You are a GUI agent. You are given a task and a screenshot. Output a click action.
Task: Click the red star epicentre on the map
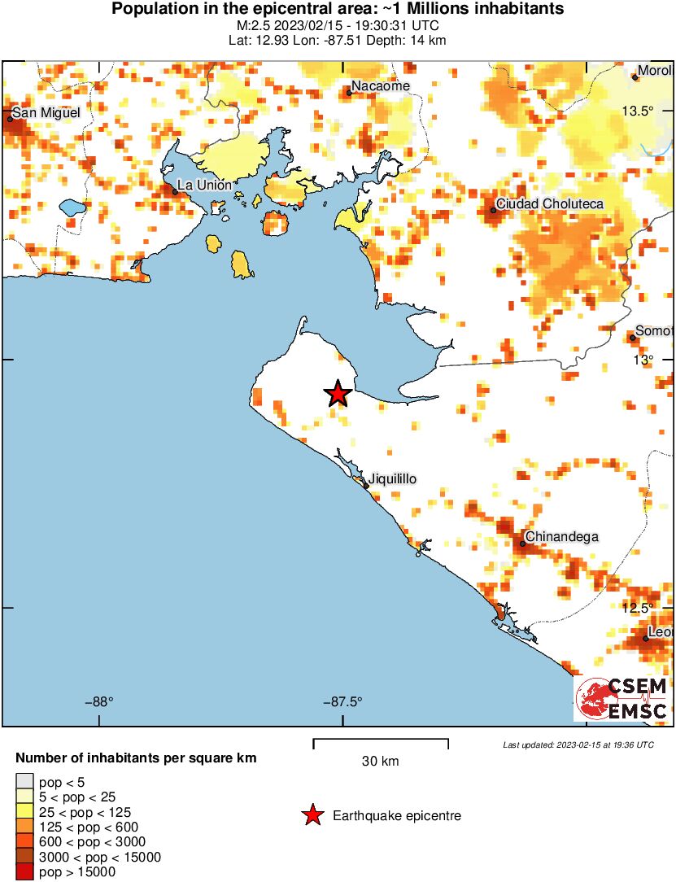click(338, 394)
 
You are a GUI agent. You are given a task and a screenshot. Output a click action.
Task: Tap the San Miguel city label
click(46, 112)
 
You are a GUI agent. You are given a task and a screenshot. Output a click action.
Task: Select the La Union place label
click(204, 185)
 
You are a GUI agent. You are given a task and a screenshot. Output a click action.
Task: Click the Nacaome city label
click(381, 86)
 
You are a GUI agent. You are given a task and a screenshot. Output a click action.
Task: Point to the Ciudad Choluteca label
click(550, 203)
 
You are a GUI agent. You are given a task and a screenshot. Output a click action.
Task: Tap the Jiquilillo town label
click(393, 479)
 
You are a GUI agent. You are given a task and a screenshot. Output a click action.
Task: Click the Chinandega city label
click(562, 536)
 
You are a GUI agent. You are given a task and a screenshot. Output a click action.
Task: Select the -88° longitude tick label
click(99, 701)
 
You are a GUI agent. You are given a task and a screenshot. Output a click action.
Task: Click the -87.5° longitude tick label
click(342, 701)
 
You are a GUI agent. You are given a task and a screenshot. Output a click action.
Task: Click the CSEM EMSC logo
click(621, 698)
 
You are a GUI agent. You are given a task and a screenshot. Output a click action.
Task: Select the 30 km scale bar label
click(380, 762)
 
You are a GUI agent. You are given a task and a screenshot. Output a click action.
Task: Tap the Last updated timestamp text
click(578, 744)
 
